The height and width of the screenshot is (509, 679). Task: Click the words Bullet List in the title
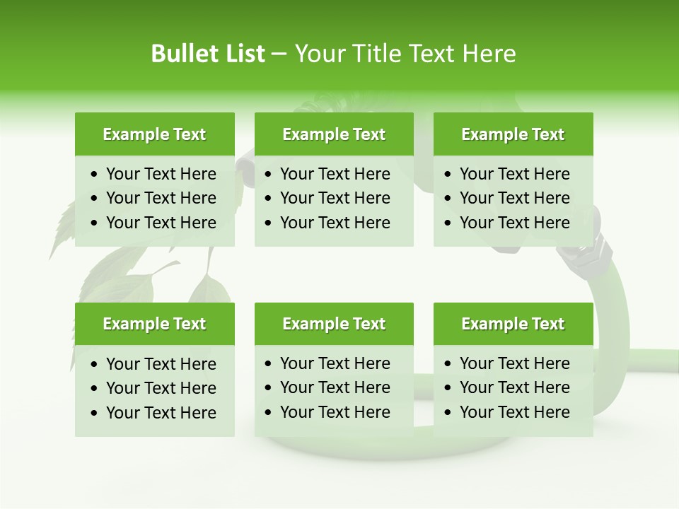tap(208, 54)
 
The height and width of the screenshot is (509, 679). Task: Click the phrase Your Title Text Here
tap(405, 54)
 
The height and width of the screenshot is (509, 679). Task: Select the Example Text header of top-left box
tap(154, 134)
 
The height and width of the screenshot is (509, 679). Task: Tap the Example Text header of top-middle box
tap(334, 134)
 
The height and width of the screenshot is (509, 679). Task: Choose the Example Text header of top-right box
tap(513, 134)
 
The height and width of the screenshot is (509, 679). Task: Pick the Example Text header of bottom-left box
tap(154, 324)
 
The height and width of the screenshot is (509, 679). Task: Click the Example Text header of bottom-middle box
tap(334, 324)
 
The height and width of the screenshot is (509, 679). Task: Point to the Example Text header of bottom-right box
tap(513, 324)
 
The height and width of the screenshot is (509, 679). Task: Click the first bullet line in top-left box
tap(161, 174)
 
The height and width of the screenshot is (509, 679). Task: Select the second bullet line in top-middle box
tap(335, 198)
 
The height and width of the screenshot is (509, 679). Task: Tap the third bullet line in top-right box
tap(514, 223)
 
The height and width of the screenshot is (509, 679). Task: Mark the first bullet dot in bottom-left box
tap(95, 365)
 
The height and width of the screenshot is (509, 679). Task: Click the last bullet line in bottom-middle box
tap(335, 412)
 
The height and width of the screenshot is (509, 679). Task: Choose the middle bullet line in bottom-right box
tap(514, 387)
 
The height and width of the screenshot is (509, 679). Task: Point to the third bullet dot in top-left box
tap(95, 223)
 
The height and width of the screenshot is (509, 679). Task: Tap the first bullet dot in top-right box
tap(448, 175)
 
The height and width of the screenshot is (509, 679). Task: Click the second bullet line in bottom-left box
tap(161, 388)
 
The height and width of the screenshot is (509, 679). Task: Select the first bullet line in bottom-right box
tap(514, 363)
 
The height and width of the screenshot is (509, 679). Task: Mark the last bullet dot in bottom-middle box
tap(269, 413)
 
